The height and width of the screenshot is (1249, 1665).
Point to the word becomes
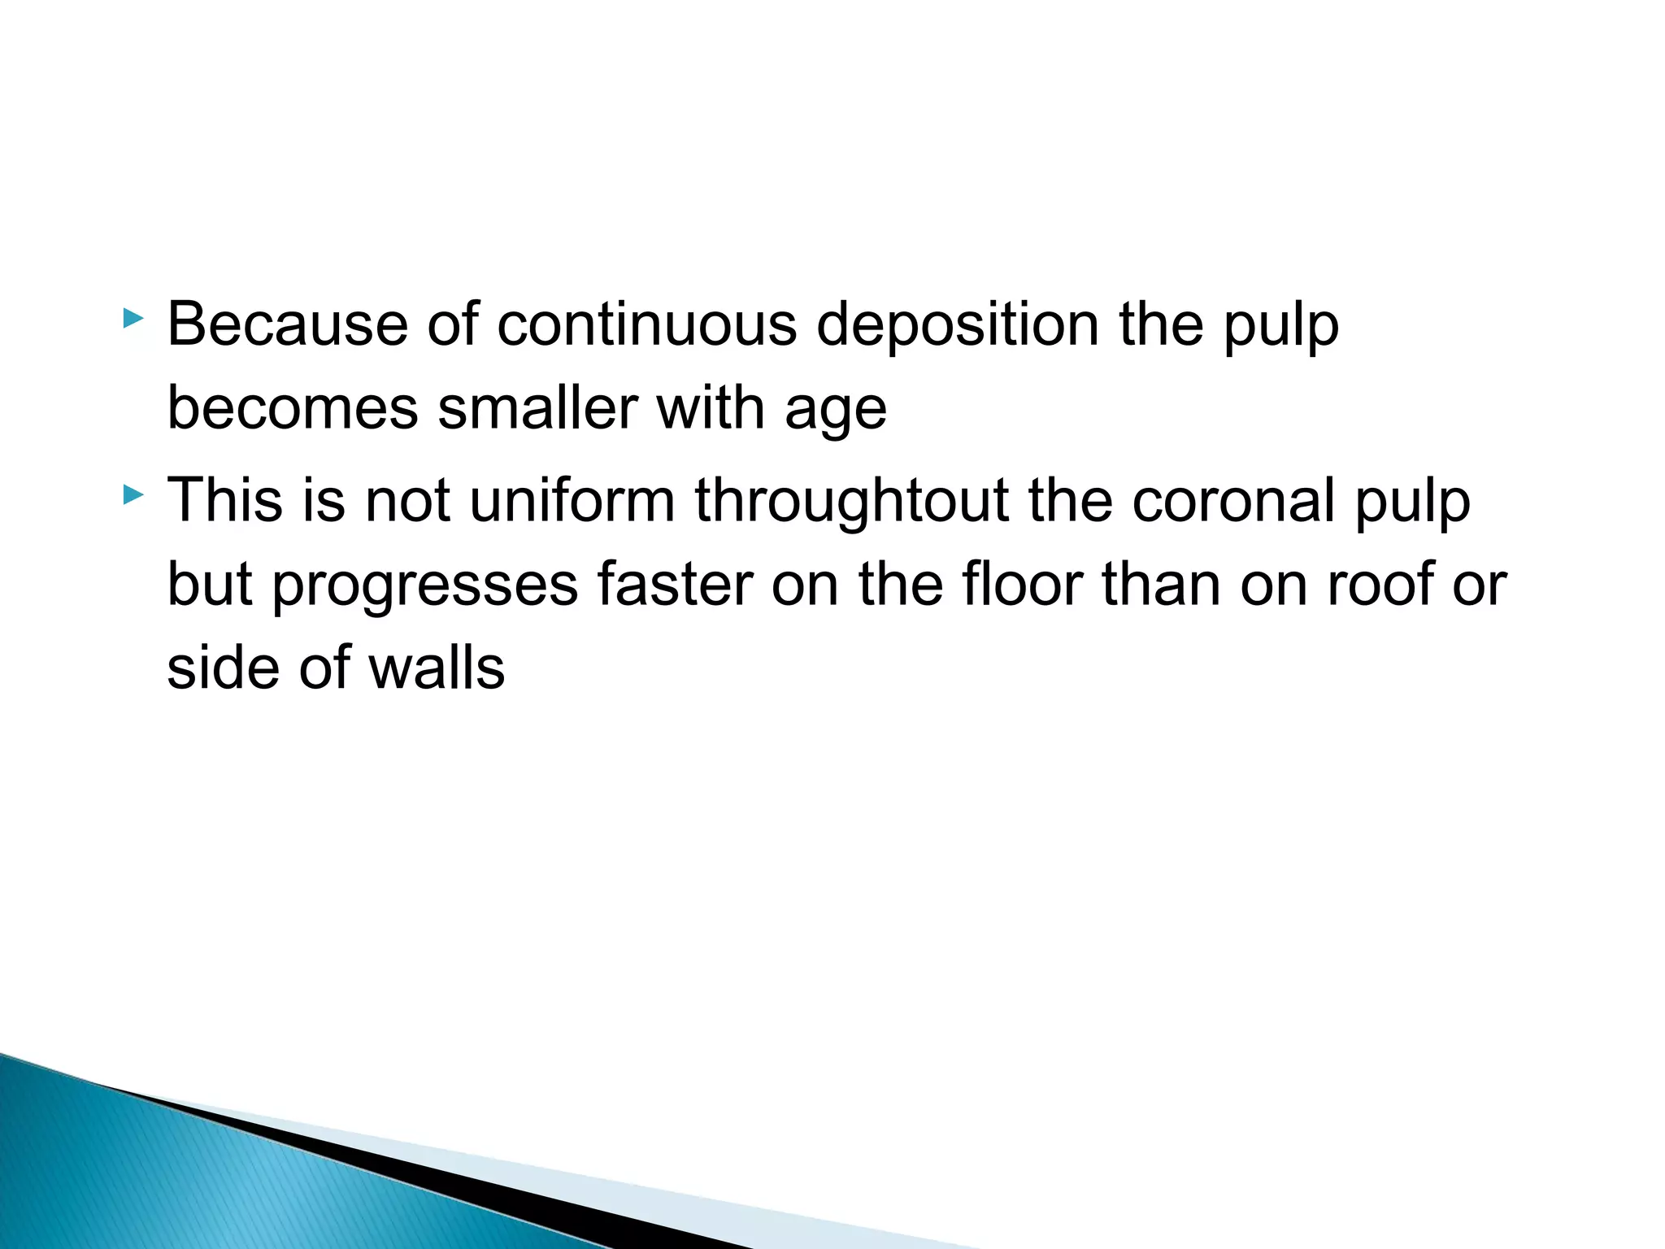point(293,408)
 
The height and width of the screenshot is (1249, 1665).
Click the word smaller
point(537,408)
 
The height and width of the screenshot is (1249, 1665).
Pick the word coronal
point(1233,500)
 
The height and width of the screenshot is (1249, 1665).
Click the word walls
point(436,668)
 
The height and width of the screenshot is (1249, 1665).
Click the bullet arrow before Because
point(133,320)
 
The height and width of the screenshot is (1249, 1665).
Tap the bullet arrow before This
point(133,494)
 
